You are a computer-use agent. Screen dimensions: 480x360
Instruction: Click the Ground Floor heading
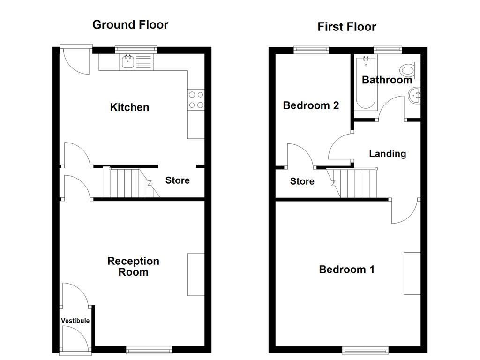(130, 25)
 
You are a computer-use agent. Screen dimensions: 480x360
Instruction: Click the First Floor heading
(346, 27)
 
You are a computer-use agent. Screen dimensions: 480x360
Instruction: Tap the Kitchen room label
(129, 107)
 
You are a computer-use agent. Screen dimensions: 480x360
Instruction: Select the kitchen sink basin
(127, 62)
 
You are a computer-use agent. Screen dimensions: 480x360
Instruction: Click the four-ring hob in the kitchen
(196, 100)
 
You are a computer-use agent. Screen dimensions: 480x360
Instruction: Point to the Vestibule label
(75, 321)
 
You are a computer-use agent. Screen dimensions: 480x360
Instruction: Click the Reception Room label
(133, 267)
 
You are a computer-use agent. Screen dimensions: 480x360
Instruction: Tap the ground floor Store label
(178, 180)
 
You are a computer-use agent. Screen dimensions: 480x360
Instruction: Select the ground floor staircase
(131, 182)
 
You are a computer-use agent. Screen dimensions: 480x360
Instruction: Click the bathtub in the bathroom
(366, 82)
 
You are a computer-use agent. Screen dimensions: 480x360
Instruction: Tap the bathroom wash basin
(414, 95)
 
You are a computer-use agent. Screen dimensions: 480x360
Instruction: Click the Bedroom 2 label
(311, 105)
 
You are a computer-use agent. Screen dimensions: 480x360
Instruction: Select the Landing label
(388, 154)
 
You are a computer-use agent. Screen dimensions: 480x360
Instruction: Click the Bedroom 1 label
(346, 270)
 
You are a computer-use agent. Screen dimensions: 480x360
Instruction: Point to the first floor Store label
(302, 181)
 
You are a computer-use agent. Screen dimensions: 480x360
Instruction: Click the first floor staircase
(352, 183)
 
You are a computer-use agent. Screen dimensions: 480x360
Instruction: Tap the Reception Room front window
(150, 350)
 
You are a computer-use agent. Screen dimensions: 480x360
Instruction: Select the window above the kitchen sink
(136, 50)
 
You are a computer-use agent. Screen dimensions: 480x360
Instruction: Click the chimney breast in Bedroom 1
(412, 274)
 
